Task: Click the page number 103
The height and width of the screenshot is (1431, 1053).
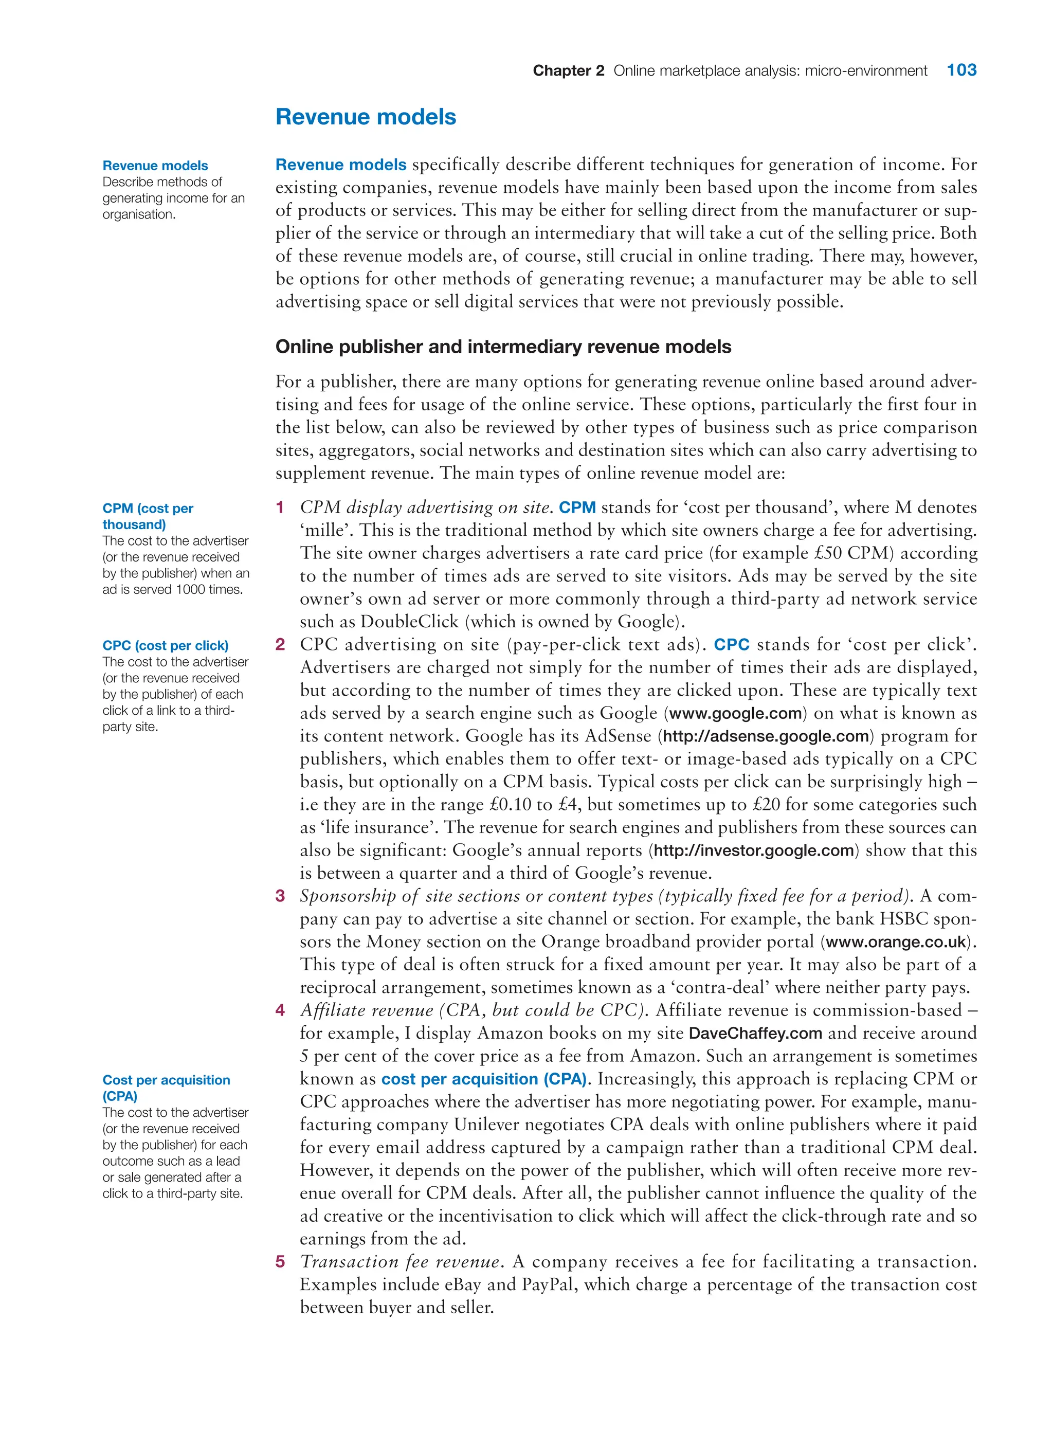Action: click(x=961, y=70)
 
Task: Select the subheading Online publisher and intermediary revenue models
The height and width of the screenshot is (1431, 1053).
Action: click(x=503, y=347)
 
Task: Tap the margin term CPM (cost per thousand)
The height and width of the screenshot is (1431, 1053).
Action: click(x=148, y=516)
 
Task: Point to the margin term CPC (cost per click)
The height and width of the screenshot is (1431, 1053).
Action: click(x=165, y=646)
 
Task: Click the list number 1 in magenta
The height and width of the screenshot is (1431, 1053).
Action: click(x=280, y=508)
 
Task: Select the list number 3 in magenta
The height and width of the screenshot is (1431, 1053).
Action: click(x=280, y=896)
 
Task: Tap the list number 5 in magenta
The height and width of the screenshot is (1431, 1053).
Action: click(x=280, y=1262)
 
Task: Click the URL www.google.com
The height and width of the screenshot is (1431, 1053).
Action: click(x=735, y=713)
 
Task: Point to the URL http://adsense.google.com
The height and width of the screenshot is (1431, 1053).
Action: click(x=766, y=736)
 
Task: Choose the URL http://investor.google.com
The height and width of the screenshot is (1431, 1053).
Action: click(x=753, y=850)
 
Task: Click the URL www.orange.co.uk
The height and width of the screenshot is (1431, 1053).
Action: click(x=896, y=942)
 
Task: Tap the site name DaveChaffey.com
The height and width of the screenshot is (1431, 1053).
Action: click(x=755, y=1033)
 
